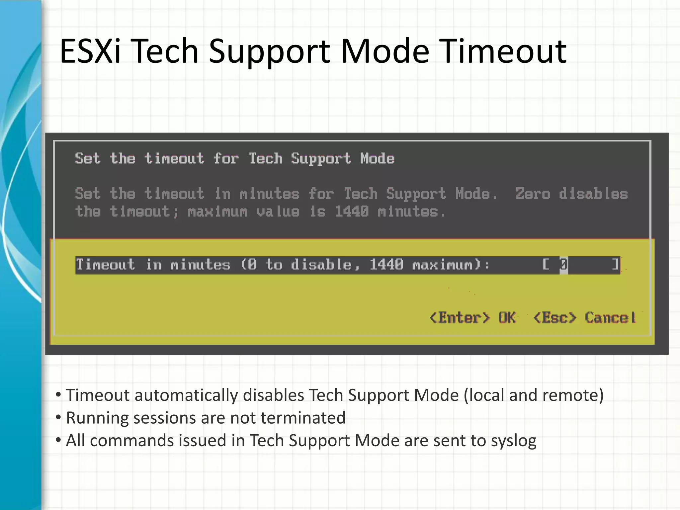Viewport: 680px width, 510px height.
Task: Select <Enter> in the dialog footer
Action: pos(460,318)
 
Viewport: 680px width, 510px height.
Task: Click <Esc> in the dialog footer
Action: pos(554,318)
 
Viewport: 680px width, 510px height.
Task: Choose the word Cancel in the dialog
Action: pos(610,318)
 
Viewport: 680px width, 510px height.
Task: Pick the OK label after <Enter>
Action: pos(507,318)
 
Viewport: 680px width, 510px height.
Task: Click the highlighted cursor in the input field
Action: pos(563,265)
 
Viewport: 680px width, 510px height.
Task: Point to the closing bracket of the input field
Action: pos(615,265)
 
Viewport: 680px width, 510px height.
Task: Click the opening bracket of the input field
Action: pos(546,265)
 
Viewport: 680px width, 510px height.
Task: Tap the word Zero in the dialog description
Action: pos(533,194)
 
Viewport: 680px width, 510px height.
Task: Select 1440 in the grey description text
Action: pos(352,212)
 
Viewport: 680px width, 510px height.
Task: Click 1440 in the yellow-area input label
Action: pos(386,265)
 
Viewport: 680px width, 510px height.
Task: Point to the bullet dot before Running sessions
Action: pos(58,417)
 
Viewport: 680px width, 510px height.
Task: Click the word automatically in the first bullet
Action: pos(186,395)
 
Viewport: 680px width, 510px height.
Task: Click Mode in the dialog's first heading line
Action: pos(378,158)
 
